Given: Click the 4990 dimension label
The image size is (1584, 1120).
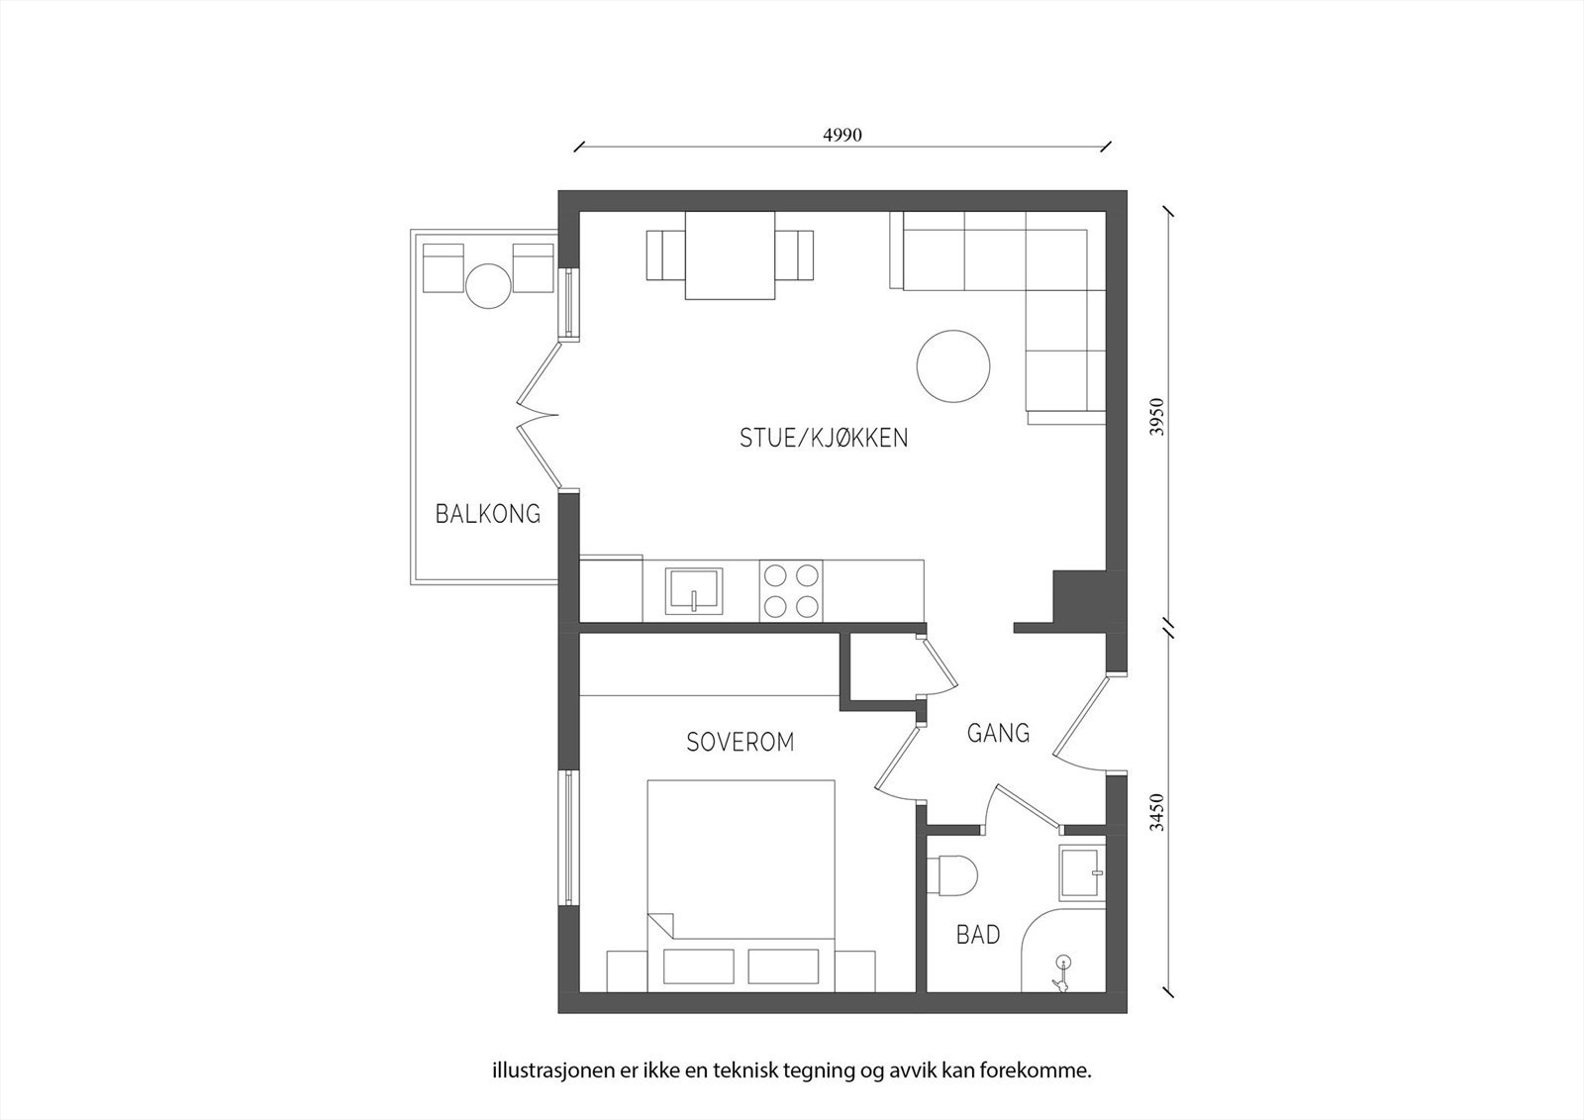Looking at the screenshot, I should (842, 136).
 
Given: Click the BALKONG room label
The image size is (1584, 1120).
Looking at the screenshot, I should (488, 514).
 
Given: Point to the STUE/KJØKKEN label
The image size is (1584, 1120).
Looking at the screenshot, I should (824, 438).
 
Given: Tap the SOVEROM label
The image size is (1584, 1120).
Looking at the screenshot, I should (741, 742).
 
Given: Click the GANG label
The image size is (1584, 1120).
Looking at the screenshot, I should (998, 733).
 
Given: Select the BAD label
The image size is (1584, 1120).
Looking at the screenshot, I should (977, 934).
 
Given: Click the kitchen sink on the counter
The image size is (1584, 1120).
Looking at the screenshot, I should (696, 591).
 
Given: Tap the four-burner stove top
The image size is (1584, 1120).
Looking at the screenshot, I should (791, 591).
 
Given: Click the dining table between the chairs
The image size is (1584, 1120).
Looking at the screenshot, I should (731, 255).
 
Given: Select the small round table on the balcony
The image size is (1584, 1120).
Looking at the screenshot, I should (488, 286).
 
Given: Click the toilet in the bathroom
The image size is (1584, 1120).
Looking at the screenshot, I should (954, 875).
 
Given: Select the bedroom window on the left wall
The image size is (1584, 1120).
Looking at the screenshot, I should (569, 837).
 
